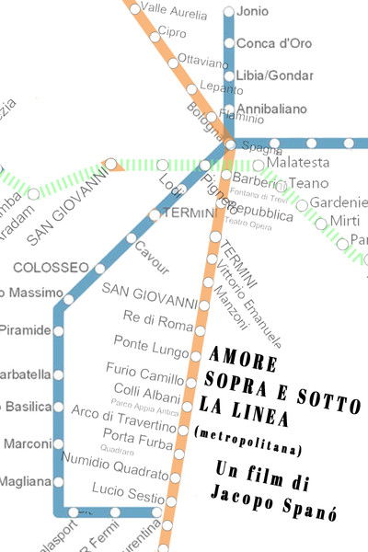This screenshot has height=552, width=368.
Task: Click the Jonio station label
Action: [252, 12]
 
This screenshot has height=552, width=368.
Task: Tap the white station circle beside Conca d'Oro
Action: [228, 43]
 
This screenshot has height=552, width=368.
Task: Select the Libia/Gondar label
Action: [273, 75]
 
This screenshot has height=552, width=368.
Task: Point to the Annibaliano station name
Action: [271, 109]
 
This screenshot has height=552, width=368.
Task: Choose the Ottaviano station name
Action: [202, 63]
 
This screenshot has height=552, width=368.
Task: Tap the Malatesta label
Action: [297, 164]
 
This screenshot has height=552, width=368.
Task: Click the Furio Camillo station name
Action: [145, 374]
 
